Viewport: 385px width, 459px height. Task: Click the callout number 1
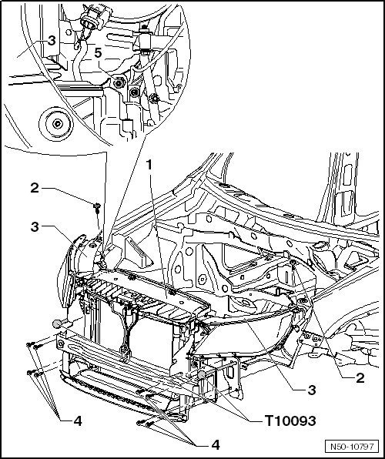(x=149, y=165)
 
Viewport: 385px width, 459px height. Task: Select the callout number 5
(x=98, y=53)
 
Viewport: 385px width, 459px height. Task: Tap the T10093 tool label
(x=290, y=421)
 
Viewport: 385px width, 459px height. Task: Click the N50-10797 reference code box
(x=352, y=447)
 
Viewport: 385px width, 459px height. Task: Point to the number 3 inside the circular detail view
(x=52, y=40)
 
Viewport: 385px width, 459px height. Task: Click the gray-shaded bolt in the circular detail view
(x=119, y=84)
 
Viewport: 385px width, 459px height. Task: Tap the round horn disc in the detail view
(x=56, y=123)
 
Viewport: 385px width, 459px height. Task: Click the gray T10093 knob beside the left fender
(x=57, y=323)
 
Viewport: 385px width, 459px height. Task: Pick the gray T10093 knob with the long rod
(x=201, y=375)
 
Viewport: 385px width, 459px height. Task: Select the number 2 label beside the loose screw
(x=35, y=188)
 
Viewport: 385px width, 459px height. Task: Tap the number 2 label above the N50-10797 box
(x=360, y=378)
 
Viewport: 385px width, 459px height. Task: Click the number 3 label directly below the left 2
(x=35, y=226)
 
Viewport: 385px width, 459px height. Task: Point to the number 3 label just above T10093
(x=312, y=390)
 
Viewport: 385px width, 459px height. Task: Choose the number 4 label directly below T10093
(x=216, y=444)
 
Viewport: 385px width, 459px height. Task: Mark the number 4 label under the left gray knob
(x=78, y=421)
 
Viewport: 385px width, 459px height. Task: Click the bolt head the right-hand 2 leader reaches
(x=293, y=263)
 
